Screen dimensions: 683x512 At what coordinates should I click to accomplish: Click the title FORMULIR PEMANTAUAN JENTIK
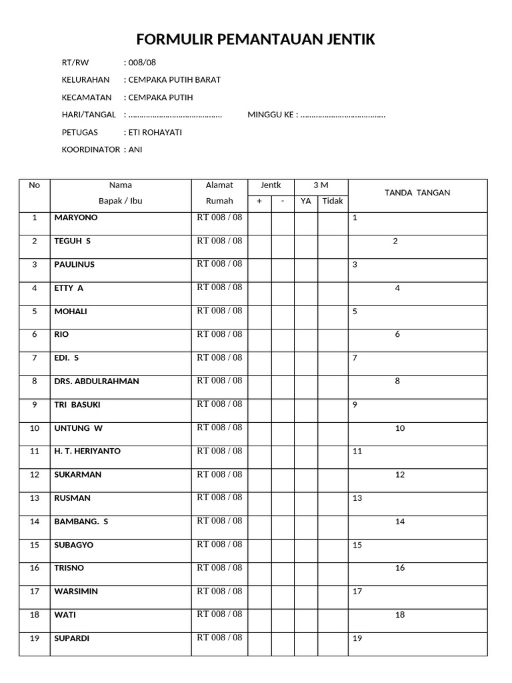[x=255, y=41]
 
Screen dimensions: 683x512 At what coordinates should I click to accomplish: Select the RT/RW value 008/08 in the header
[x=141, y=62]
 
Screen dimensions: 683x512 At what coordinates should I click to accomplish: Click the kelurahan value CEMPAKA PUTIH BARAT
[x=174, y=79]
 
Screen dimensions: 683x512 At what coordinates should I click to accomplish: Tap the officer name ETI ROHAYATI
[x=155, y=132]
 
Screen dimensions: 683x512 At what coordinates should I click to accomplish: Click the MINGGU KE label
[x=271, y=115]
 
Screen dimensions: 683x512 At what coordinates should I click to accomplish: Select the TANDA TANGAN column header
[x=417, y=193]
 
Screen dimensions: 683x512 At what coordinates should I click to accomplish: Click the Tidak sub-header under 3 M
[x=333, y=201]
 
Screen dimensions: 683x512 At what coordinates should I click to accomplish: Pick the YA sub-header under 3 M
[x=306, y=201]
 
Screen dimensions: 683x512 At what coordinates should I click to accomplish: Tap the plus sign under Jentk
[x=259, y=201]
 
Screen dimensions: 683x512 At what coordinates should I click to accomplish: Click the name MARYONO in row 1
[x=75, y=217]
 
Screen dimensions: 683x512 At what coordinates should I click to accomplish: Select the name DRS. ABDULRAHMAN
[x=97, y=381]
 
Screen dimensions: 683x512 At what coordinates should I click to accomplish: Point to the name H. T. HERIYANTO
[x=87, y=451]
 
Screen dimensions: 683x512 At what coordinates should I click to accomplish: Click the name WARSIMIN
[x=77, y=591]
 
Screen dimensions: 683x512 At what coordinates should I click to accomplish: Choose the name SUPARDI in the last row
[x=71, y=638]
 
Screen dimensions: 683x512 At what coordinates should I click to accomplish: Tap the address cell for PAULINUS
[x=219, y=263]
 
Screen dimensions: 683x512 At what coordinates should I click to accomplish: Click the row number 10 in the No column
[x=35, y=428]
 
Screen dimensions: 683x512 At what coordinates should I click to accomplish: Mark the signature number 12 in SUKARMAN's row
[x=400, y=475]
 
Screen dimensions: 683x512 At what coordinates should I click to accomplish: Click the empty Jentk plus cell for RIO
[x=259, y=334]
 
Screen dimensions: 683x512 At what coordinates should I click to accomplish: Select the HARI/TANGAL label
[x=89, y=115]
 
